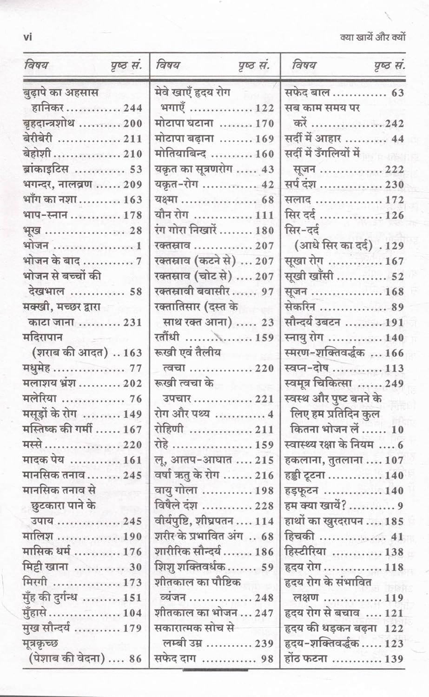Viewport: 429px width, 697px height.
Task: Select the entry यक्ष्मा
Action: pos(166,200)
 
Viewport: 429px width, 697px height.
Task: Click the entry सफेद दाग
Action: pos(175,658)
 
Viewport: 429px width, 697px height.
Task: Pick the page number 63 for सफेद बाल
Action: pos(398,93)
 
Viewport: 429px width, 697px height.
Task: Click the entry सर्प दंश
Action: pos(300,184)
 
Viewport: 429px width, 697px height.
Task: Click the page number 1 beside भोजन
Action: pos(139,246)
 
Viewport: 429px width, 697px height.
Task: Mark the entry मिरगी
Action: pos(34,582)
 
